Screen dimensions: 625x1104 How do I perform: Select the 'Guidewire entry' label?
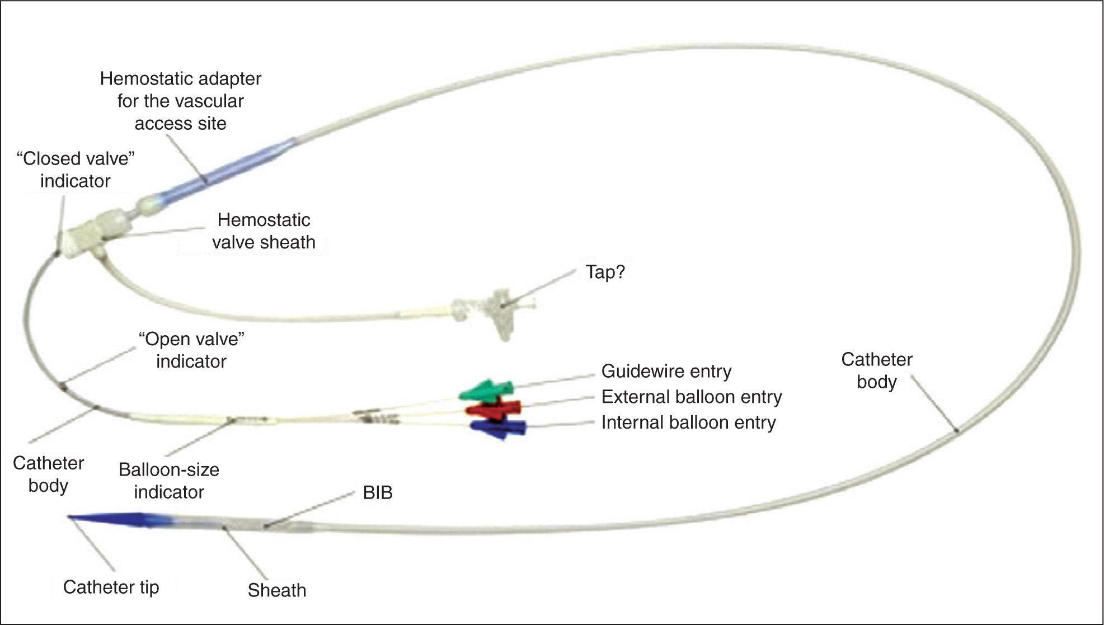point(666,371)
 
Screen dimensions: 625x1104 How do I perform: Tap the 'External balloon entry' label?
point(691,397)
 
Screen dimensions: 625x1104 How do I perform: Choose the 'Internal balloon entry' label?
point(688,422)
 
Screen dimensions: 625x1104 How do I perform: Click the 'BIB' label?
point(377,493)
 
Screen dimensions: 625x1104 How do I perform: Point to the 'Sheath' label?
point(277,590)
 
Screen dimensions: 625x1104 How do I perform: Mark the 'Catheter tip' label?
point(111,587)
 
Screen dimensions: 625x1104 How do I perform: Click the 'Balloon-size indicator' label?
point(169,481)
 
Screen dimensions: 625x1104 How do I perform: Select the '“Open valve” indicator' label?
point(191,350)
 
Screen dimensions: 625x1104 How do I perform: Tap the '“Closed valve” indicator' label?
point(76,170)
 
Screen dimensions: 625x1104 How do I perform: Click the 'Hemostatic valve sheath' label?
point(264,231)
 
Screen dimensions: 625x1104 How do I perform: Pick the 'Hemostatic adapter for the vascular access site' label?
point(180,101)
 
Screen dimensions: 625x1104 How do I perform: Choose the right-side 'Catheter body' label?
point(876,370)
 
